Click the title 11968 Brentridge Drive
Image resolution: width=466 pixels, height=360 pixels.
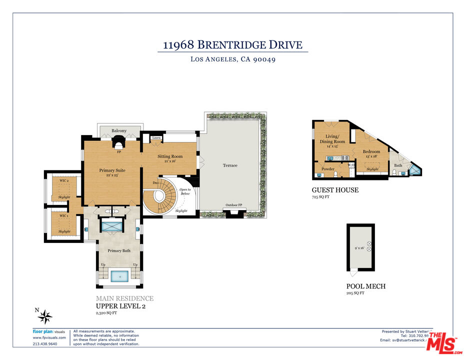click(x=232, y=45)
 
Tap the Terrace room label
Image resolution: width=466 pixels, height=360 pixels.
click(x=230, y=165)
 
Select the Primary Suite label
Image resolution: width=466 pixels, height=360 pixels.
click(x=112, y=170)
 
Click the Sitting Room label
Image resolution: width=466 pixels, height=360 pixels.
click(x=170, y=156)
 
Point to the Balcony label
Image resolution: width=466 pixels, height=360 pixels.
click(x=119, y=131)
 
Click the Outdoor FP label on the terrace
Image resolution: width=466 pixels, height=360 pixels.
click(x=234, y=205)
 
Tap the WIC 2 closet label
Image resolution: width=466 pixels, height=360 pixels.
click(x=63, y=180)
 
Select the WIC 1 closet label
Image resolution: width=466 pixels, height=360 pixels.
click(x=63, y=215)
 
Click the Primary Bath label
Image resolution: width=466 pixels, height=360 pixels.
click(x=119, y=251)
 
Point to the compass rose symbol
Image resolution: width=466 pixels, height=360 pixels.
click(x=45, y=316)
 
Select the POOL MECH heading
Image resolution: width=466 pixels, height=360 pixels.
click(x=365, y=286)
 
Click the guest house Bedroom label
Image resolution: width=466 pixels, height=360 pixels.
click(x=371, y=151)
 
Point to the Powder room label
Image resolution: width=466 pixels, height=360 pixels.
click(x=328, y=169)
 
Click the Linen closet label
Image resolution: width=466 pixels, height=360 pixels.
click(x=156, y=137)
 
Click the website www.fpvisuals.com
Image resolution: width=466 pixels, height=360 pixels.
click(x=49, y=337)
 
